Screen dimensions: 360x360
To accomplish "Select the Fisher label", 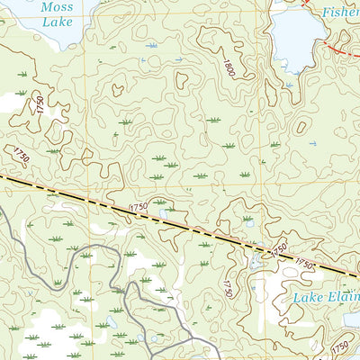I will click(x=341, y=13).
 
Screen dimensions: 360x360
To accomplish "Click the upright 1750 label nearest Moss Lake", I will click(x=40, y=104).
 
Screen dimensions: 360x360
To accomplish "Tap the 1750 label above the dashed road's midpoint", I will click(x=138, y=208).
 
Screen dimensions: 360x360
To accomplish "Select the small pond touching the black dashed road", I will click(x=257, y=259).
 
